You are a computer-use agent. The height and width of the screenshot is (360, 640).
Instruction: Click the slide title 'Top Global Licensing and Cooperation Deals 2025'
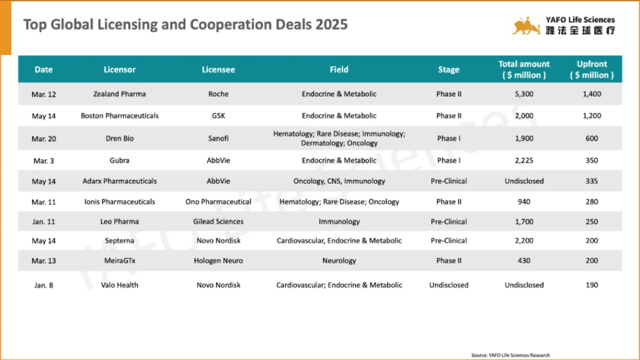(186, 25)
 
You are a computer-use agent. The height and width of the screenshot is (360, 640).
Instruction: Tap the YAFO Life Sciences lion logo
(526, 26)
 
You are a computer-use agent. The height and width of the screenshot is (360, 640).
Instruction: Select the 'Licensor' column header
(119, 69)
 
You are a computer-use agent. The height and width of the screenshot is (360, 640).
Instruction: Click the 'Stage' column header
(448, 69)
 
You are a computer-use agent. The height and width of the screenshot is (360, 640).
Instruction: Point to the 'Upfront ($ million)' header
(591, 69)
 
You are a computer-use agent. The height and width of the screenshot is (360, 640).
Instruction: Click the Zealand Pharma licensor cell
(119, 94)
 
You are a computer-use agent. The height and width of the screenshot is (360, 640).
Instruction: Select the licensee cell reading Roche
(218, 94)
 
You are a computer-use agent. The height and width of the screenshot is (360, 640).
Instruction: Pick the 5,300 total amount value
(524, 94)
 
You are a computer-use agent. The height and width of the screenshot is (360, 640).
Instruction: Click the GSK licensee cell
(218, 116)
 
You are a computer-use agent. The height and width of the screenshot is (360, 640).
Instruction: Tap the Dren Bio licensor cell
(119, 138)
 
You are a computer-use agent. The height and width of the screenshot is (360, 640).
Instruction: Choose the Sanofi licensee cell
(218, 138)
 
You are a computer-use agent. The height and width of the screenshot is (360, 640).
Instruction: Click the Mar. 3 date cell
(43, 161)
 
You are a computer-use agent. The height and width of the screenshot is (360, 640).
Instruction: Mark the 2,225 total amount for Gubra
(524, 161)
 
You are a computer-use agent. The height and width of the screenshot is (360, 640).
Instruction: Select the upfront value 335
(591, 181)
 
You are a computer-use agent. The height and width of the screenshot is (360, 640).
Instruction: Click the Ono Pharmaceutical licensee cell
(218, 202)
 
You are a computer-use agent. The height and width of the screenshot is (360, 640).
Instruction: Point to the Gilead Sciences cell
(218, 221)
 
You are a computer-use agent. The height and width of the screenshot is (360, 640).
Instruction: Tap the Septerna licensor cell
(119, 241)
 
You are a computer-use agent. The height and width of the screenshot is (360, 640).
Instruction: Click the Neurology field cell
(339, 261)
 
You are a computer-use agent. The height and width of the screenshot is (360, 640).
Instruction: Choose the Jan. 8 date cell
(43, 285)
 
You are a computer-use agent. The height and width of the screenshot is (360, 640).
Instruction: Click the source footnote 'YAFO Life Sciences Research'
(511, 355)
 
